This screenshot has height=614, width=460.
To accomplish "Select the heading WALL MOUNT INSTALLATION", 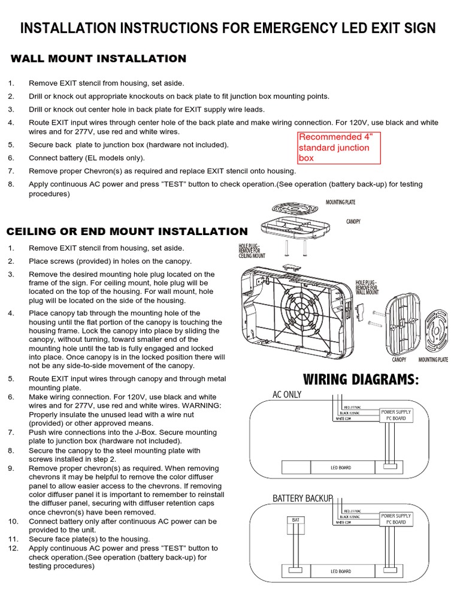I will coord(99,59).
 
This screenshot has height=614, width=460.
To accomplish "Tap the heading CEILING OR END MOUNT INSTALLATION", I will coord(126,231).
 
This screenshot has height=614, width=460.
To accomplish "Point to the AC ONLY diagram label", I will coord(287,395).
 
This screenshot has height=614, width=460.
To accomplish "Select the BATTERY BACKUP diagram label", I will coord(302,498).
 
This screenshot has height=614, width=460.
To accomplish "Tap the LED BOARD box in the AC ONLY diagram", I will coord(341,468).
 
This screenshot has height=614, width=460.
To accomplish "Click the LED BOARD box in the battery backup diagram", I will coord(341,571).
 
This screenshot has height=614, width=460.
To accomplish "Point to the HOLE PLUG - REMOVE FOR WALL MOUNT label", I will coord(367,287).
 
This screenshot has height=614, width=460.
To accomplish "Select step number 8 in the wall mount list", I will coord(11,184).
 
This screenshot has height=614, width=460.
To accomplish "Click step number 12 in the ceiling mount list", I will coord(13,548).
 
